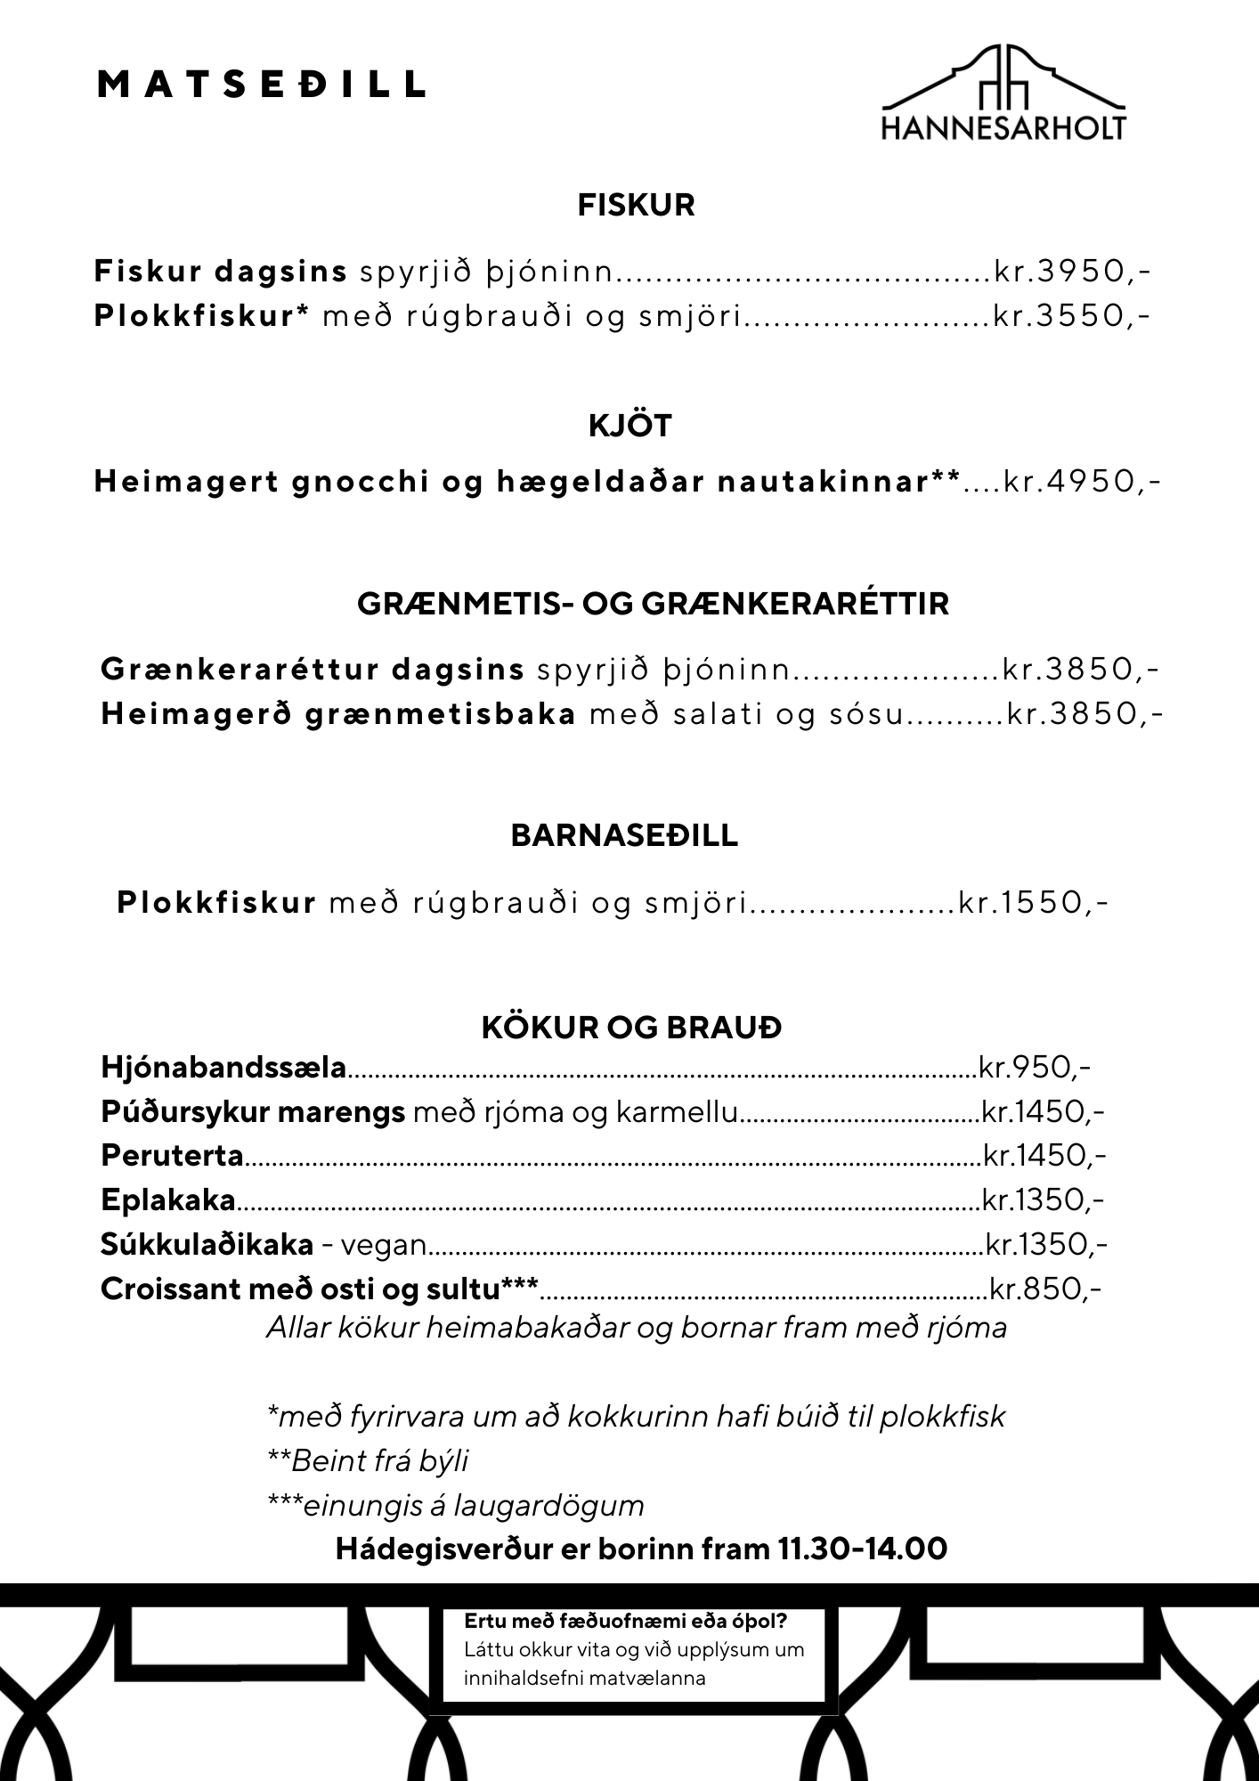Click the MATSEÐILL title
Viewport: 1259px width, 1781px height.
tap(260, 85)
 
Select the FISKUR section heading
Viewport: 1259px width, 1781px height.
tap(636, 206)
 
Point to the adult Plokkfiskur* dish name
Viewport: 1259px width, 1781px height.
tap(200, 316)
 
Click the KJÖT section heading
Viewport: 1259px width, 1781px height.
tap(630, 426)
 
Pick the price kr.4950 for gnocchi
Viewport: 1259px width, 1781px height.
tap(1080, 482)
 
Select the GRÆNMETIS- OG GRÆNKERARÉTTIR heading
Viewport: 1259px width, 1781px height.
tap(653, 604)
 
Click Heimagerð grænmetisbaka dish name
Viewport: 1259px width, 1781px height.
tap(338, 714)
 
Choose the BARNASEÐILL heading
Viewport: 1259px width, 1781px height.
tap(624, 835)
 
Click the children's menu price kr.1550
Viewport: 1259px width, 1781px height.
tap(1033, 903)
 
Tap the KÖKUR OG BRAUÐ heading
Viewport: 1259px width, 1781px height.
tap(631, 1028)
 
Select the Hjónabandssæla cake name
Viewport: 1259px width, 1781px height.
tap(223, 1066)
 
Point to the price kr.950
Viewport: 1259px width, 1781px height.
tap(1034, 1066)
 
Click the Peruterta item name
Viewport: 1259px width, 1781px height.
tap(172, 1155)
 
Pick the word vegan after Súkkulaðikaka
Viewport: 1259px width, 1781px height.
tap(384, 1244)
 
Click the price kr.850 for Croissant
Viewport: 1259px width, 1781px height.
tap(1045, 1289)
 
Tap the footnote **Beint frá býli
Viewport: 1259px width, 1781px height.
tap(368, 1460)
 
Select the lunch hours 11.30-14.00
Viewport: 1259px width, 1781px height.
tap(862, 1549)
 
